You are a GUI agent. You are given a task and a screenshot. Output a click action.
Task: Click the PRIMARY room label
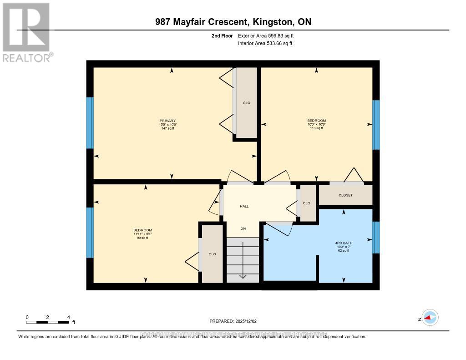tap(167, 121)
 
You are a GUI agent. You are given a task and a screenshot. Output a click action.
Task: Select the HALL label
tap(244, 206)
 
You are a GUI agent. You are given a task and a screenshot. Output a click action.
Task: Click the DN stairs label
tap(243, 228)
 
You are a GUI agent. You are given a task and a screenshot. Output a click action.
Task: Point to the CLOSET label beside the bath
tap(345, 195)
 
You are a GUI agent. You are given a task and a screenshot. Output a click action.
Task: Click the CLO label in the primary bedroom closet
tap(246, 103)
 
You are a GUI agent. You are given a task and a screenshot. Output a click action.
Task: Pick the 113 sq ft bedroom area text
tap(316, 128)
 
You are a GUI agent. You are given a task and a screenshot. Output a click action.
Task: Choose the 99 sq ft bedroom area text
tap(142, 238)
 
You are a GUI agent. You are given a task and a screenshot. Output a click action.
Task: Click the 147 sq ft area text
tap(167, 129)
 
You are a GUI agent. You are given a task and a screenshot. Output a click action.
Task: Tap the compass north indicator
tap(430, 318)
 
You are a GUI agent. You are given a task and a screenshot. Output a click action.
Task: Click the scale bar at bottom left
tap(47, 322)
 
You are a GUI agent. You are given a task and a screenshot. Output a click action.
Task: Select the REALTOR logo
tap(26, 32)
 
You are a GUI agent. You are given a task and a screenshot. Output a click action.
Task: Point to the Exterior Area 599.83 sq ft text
tap(269, 35)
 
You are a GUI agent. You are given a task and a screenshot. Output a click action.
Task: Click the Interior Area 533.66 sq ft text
tap(265, 44)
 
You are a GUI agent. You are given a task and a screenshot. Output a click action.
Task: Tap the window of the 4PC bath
tap(376, 237)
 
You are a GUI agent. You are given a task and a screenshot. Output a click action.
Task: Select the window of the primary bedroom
tap(90, 123)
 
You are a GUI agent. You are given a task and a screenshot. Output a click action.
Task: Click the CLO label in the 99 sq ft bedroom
tap(212, 254)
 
